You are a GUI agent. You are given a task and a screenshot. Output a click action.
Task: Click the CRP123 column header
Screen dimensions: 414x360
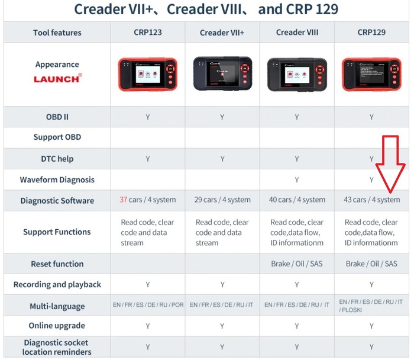coord(148,32)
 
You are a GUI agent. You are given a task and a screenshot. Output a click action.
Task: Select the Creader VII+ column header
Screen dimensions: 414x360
coord(222,33)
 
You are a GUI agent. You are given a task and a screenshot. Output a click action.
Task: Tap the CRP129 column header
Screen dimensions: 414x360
coord(371,32)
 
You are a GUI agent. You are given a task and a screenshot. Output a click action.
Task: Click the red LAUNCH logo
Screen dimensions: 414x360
coord(58,79)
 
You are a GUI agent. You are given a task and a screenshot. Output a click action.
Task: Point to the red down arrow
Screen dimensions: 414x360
coord(390,164)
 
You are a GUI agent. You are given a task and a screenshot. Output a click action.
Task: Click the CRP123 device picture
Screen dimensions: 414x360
coord(148,74)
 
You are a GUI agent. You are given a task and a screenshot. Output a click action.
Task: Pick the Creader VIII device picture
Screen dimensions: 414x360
coord(297,75)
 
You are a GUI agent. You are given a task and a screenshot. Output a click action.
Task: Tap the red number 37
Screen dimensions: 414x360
coord(123,200)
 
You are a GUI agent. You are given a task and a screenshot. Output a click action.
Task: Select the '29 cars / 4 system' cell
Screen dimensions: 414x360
coord(222,200)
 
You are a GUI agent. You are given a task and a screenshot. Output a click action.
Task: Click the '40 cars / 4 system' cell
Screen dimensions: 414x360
coord(297,200)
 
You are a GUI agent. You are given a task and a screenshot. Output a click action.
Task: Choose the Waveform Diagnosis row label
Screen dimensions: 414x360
coord(57,180)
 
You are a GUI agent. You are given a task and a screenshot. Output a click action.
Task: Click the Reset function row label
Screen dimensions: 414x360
coord(57,264)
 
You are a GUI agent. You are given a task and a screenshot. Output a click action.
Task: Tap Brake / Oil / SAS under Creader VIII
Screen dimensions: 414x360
coord(297,263)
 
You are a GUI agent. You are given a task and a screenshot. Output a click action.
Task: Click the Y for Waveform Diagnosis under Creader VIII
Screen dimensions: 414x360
coord(297,180)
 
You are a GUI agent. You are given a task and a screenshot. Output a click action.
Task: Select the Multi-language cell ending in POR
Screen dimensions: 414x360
coord(148,305)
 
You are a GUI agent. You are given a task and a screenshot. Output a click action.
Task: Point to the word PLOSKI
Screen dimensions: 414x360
coord(352,310)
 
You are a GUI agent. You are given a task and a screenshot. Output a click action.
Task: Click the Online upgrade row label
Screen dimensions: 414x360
coord(57,326)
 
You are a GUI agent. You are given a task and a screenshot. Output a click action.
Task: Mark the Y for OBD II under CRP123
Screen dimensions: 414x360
coord(148,117)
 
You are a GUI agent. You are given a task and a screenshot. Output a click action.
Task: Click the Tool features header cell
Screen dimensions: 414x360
coord(57,33)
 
